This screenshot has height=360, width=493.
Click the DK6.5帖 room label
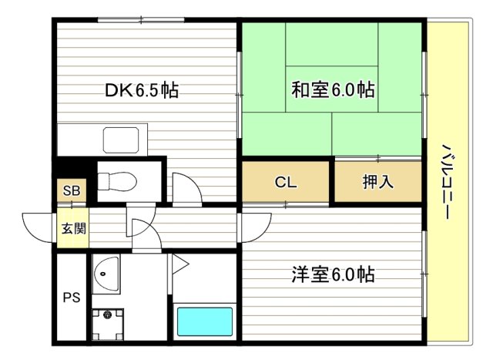click(x=143, y=90)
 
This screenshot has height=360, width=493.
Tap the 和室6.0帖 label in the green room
click(x=333, y=90)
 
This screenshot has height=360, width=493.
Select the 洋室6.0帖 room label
click(x=333, y=274)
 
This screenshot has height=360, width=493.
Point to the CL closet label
click(x=286, y=183)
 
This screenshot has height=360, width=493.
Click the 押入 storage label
click(x=377, y=183)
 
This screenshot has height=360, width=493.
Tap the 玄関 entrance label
click(x=72, y=228)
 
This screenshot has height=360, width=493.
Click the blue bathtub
click(x=204, y=321)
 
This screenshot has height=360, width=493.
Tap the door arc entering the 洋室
click(x=254, y=225)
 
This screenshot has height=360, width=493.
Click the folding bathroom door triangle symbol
click(x=179, y=264)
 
